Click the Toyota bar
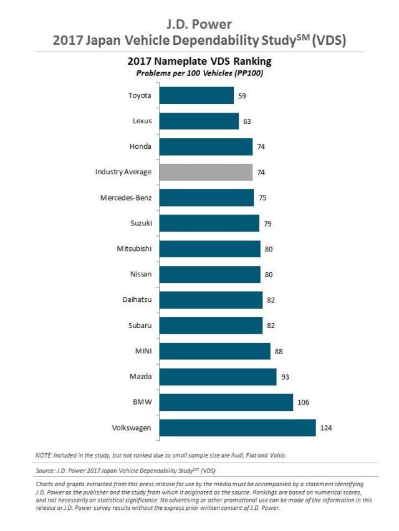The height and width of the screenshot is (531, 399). pyautogui.click(x=196, y=95)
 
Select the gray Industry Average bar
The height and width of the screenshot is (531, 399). pyautogui.click(x=206, y=172)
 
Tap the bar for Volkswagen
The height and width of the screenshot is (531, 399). pyautogui.click(x=238, y=428)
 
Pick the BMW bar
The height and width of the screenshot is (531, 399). pyautogui.click(x=226, y=402)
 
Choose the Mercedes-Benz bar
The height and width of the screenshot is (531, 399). pyautogui.click(x=206, y=198)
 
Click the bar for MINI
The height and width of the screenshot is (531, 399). pyautogui.click(x=215, y=351)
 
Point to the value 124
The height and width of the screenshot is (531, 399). pyautogui.click(x=326, y=428)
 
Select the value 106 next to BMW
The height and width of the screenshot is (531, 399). pyautogui.click(x=304, y=402)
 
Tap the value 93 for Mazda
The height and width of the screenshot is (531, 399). pyautogui.click(x=286, y=377)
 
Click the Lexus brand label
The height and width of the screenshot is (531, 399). pyautogui.click(x=142, y=121)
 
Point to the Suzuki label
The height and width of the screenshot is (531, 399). pyautogui.click(x=140, y=223)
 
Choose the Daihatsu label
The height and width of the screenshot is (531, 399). pyautogui.click(x=137, y=299)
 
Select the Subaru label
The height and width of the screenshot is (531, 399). pyautogui.click(x=139, y=325)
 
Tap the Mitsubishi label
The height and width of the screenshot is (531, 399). pyautogui.click(x=134, y=248)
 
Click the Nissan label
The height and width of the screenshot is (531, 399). pyautogui.click(x=140, y=274)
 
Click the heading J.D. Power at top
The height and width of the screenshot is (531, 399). pyautogui.click(x=199, y=24)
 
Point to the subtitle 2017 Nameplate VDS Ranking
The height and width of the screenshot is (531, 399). pyautogui.click(x=199, y=62)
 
